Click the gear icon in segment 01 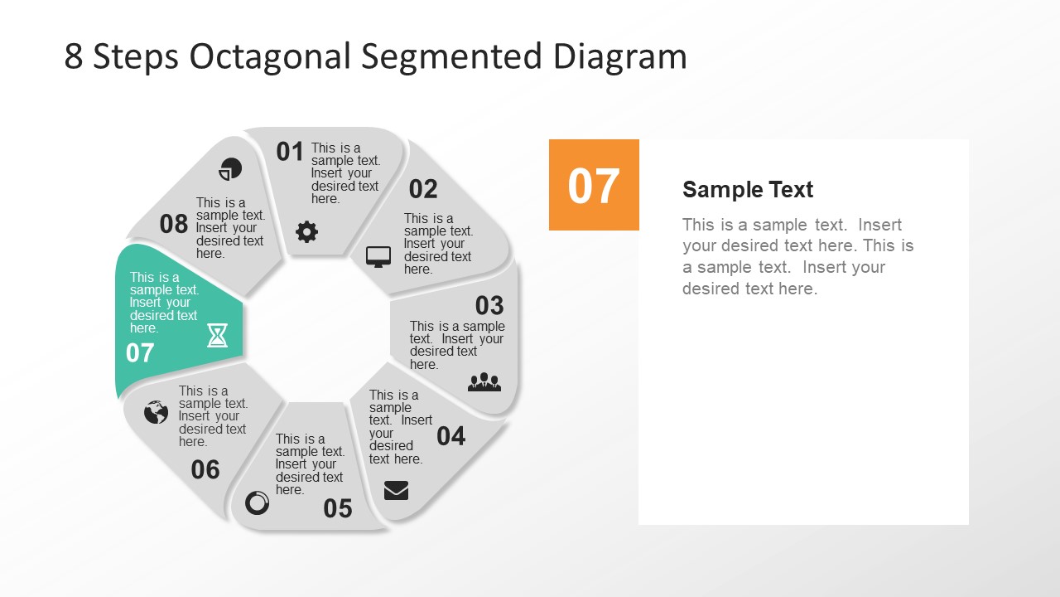[307, 232]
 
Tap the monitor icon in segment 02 [378, 257]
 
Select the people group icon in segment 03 [484, 381]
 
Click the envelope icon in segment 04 [396, 491]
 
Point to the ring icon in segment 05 [258, 502]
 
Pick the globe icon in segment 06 [156, 412]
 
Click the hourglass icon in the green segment [217, 335]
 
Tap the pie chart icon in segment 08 [230, 169]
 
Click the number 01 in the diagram [290, 152]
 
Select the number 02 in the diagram [423, 189]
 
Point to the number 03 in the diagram [489, 305]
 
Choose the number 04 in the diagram [451, 435]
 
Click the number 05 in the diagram [338, 508]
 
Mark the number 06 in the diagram [205, 470]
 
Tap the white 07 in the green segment [140, 353]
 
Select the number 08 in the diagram [174, 224]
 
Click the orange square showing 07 [594, 185]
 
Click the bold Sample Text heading [748, 190]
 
